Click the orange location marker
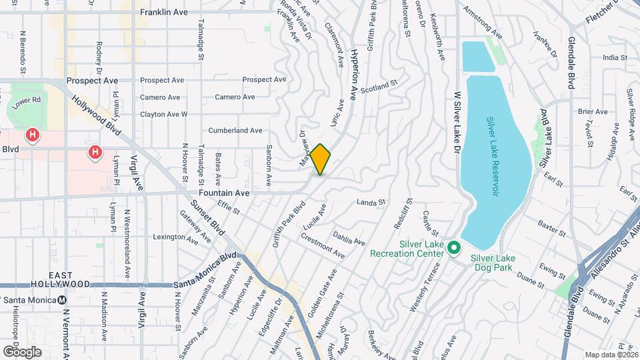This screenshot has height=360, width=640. coord(321,159)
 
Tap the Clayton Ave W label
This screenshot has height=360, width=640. coord(164,115)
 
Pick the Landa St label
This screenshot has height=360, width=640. coord(371,202)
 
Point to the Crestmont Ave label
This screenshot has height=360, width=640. coord(322,246)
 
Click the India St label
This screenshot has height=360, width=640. coord(611,58)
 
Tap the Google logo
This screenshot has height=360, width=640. coord(21,351)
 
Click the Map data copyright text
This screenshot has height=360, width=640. coord(610,355)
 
